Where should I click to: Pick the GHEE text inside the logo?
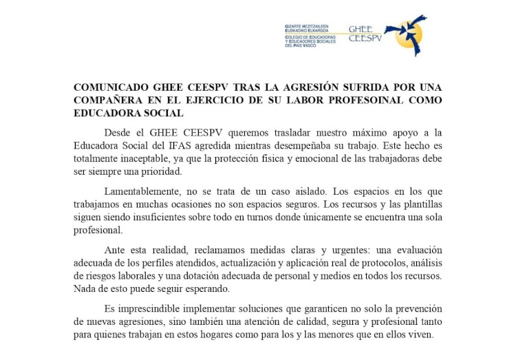360,30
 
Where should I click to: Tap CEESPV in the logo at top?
365,39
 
